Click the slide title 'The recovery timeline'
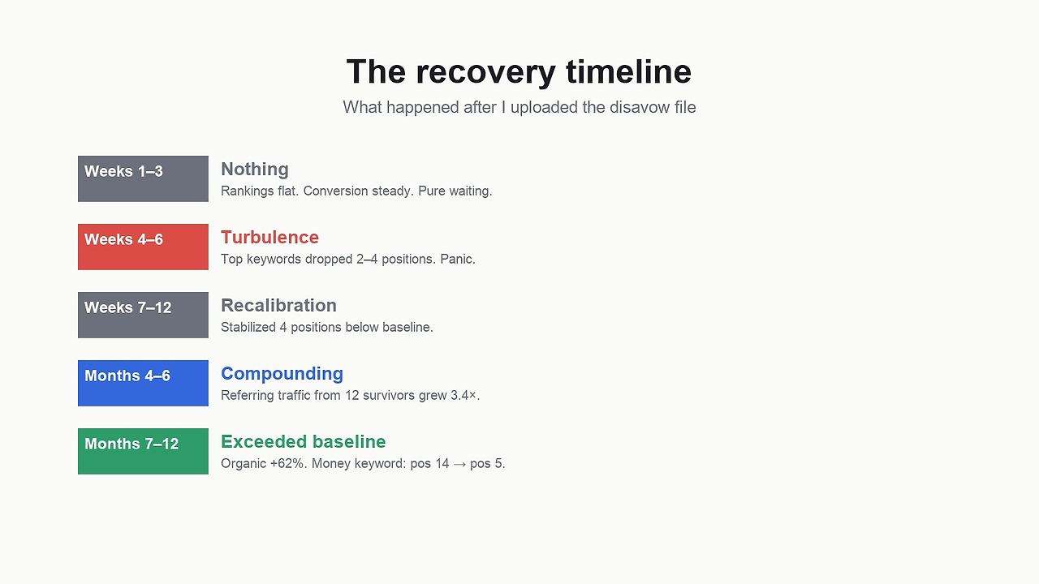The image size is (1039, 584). (x=519, y=72)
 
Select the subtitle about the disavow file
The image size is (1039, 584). (x=519, y=108)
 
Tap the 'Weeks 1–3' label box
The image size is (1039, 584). (x=143, y=178)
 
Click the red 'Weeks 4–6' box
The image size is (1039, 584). (x=143, y=247)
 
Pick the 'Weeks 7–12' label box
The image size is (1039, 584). (x=143, y=315)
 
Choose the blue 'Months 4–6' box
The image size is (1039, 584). (x=143, y=383)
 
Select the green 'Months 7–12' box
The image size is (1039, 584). (x=143, y=451)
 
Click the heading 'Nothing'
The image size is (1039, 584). (x=255, y=170)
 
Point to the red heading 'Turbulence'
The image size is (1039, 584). (x=270, y=238)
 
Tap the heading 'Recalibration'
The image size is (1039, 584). (x=278, y=306)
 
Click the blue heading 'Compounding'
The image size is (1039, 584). (x=282, y=374)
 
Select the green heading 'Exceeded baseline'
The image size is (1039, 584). (x=304, y=442)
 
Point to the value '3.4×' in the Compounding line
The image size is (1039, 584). (x=463, y=395)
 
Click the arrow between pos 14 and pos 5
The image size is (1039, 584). (x=459, y=464)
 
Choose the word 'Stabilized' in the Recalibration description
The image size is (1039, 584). (x=248, y=327)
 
